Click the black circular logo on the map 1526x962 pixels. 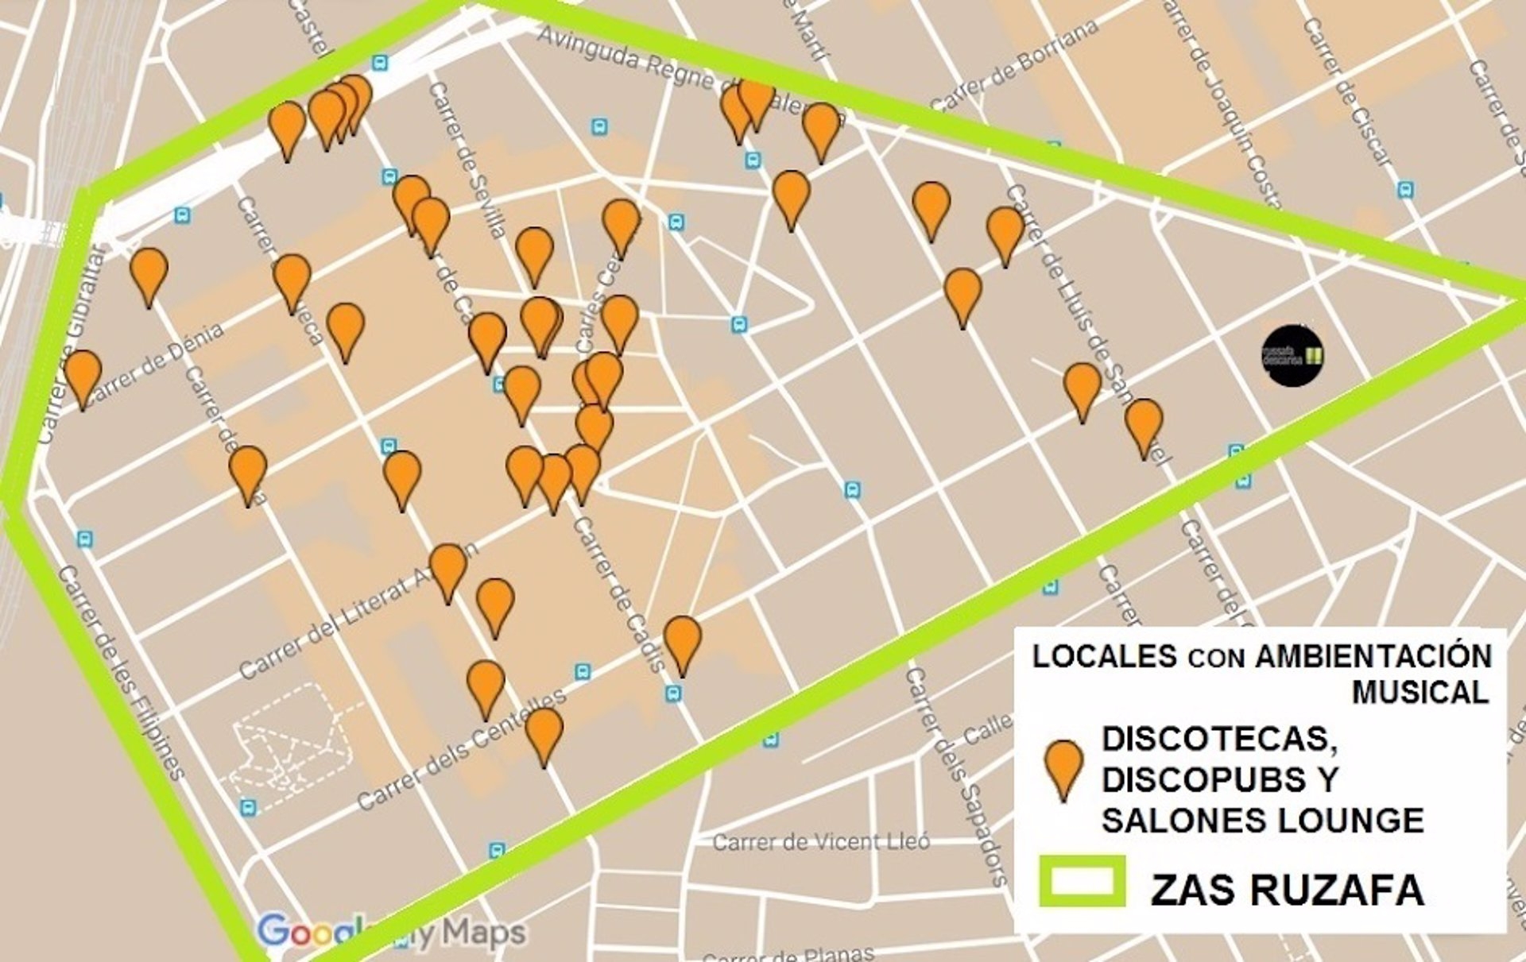coord(1292,355)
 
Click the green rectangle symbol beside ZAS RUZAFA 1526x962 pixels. coord(1082,881)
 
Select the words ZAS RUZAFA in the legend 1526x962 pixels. coord(1287,890)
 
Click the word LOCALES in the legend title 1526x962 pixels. coord(1104,657)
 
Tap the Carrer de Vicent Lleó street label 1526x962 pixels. coord(821,842)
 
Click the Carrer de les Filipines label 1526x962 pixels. coord(122,672)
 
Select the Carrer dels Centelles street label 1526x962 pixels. coord(461,749)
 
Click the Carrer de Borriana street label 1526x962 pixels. coord(1013,65)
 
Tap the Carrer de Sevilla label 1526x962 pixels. coord(467,159)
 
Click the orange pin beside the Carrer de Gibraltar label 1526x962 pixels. coord(83,378)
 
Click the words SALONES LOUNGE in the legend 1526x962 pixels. coord(1263,820)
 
